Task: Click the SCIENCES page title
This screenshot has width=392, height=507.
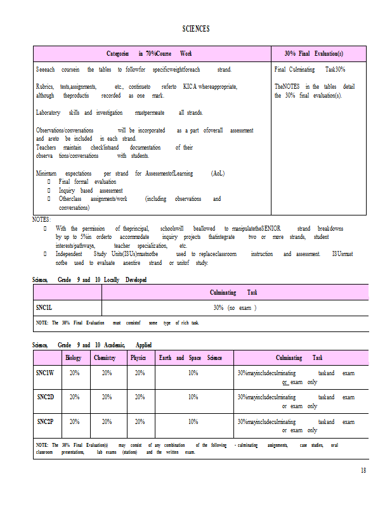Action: [196, 29]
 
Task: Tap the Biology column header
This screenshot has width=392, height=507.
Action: [74, 358]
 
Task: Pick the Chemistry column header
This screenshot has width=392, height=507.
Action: [105, 358]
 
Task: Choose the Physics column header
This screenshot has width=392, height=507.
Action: [138, 358]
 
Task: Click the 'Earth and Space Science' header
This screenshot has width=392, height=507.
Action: [190, 358]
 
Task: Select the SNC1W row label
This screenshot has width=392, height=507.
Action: [45, 373]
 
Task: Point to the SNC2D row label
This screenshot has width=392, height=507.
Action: [45, 397]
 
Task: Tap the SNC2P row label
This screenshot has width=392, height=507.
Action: [45, 421]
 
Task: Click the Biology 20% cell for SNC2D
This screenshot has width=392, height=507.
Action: [74, 397]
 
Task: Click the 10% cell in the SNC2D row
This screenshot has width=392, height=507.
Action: [193, 397]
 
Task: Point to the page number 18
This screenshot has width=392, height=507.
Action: [363, 470]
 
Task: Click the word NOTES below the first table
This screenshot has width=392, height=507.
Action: [41, 219]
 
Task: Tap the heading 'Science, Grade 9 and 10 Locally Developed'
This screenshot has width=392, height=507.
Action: [89, 279]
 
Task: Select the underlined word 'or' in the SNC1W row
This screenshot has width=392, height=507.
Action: [285, 382]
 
